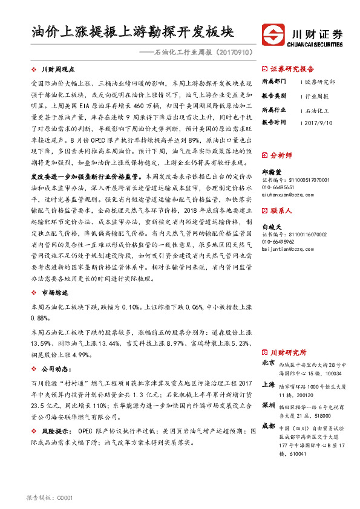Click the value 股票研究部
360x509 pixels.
(x=320, y=82)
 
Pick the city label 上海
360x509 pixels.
(x=269, y=384)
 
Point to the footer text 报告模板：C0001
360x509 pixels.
(x=50, y=498)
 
